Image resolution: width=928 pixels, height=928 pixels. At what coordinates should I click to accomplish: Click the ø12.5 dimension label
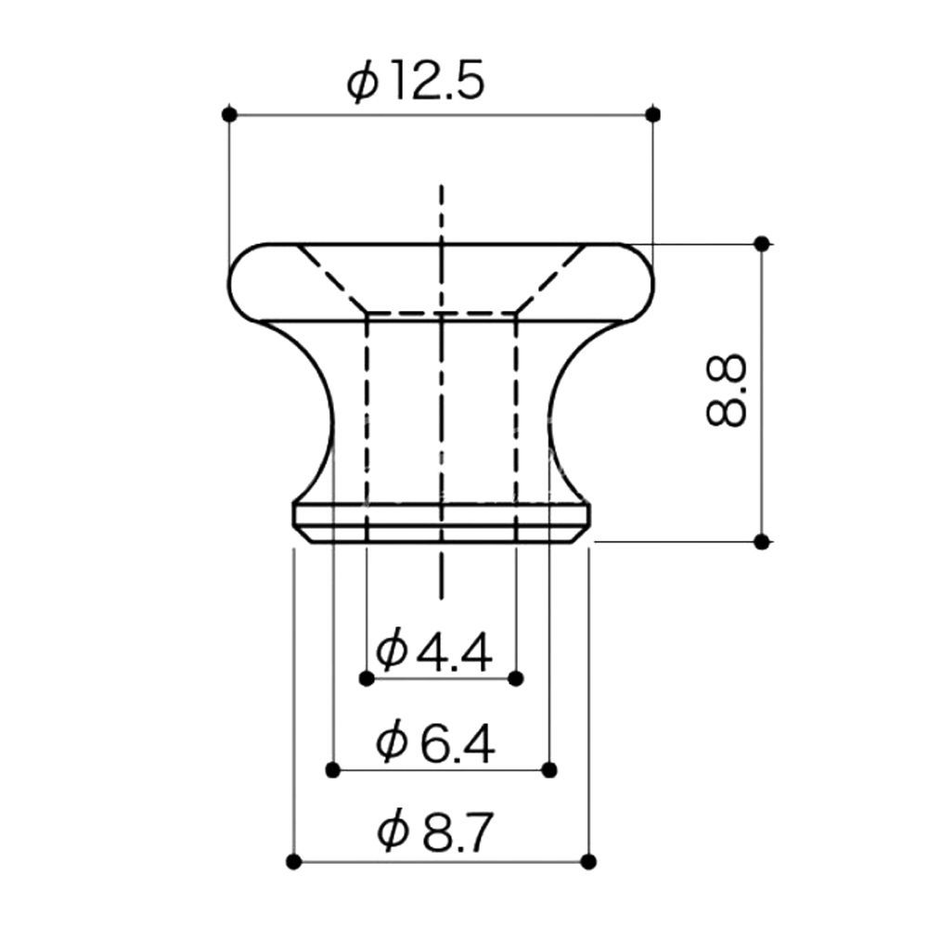416,84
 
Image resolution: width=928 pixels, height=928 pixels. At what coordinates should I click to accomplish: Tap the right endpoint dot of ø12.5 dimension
652,114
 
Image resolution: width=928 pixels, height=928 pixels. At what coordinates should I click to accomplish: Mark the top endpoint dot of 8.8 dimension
762,243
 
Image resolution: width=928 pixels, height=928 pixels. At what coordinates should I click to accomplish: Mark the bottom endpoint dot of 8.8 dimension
762,541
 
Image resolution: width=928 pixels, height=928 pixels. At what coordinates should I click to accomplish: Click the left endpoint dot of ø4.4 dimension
367,678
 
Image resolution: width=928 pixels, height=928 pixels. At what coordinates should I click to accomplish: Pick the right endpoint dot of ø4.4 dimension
517,678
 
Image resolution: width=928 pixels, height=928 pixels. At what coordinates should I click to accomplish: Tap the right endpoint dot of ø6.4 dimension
549,769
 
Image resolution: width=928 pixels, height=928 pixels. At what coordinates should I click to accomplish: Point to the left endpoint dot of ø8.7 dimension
293,861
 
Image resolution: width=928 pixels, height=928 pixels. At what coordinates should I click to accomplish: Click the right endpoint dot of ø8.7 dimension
587,861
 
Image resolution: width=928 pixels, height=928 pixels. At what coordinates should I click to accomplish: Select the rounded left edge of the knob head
232,280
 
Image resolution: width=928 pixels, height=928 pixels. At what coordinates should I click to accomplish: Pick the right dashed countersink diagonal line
551,278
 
